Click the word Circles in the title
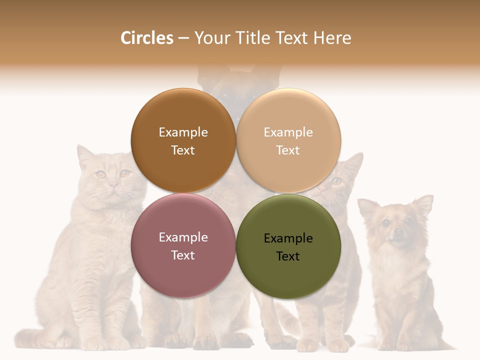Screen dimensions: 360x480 146,38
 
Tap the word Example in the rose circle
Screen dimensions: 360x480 183,237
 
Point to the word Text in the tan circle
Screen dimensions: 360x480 288,150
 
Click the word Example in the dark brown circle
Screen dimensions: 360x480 183,132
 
